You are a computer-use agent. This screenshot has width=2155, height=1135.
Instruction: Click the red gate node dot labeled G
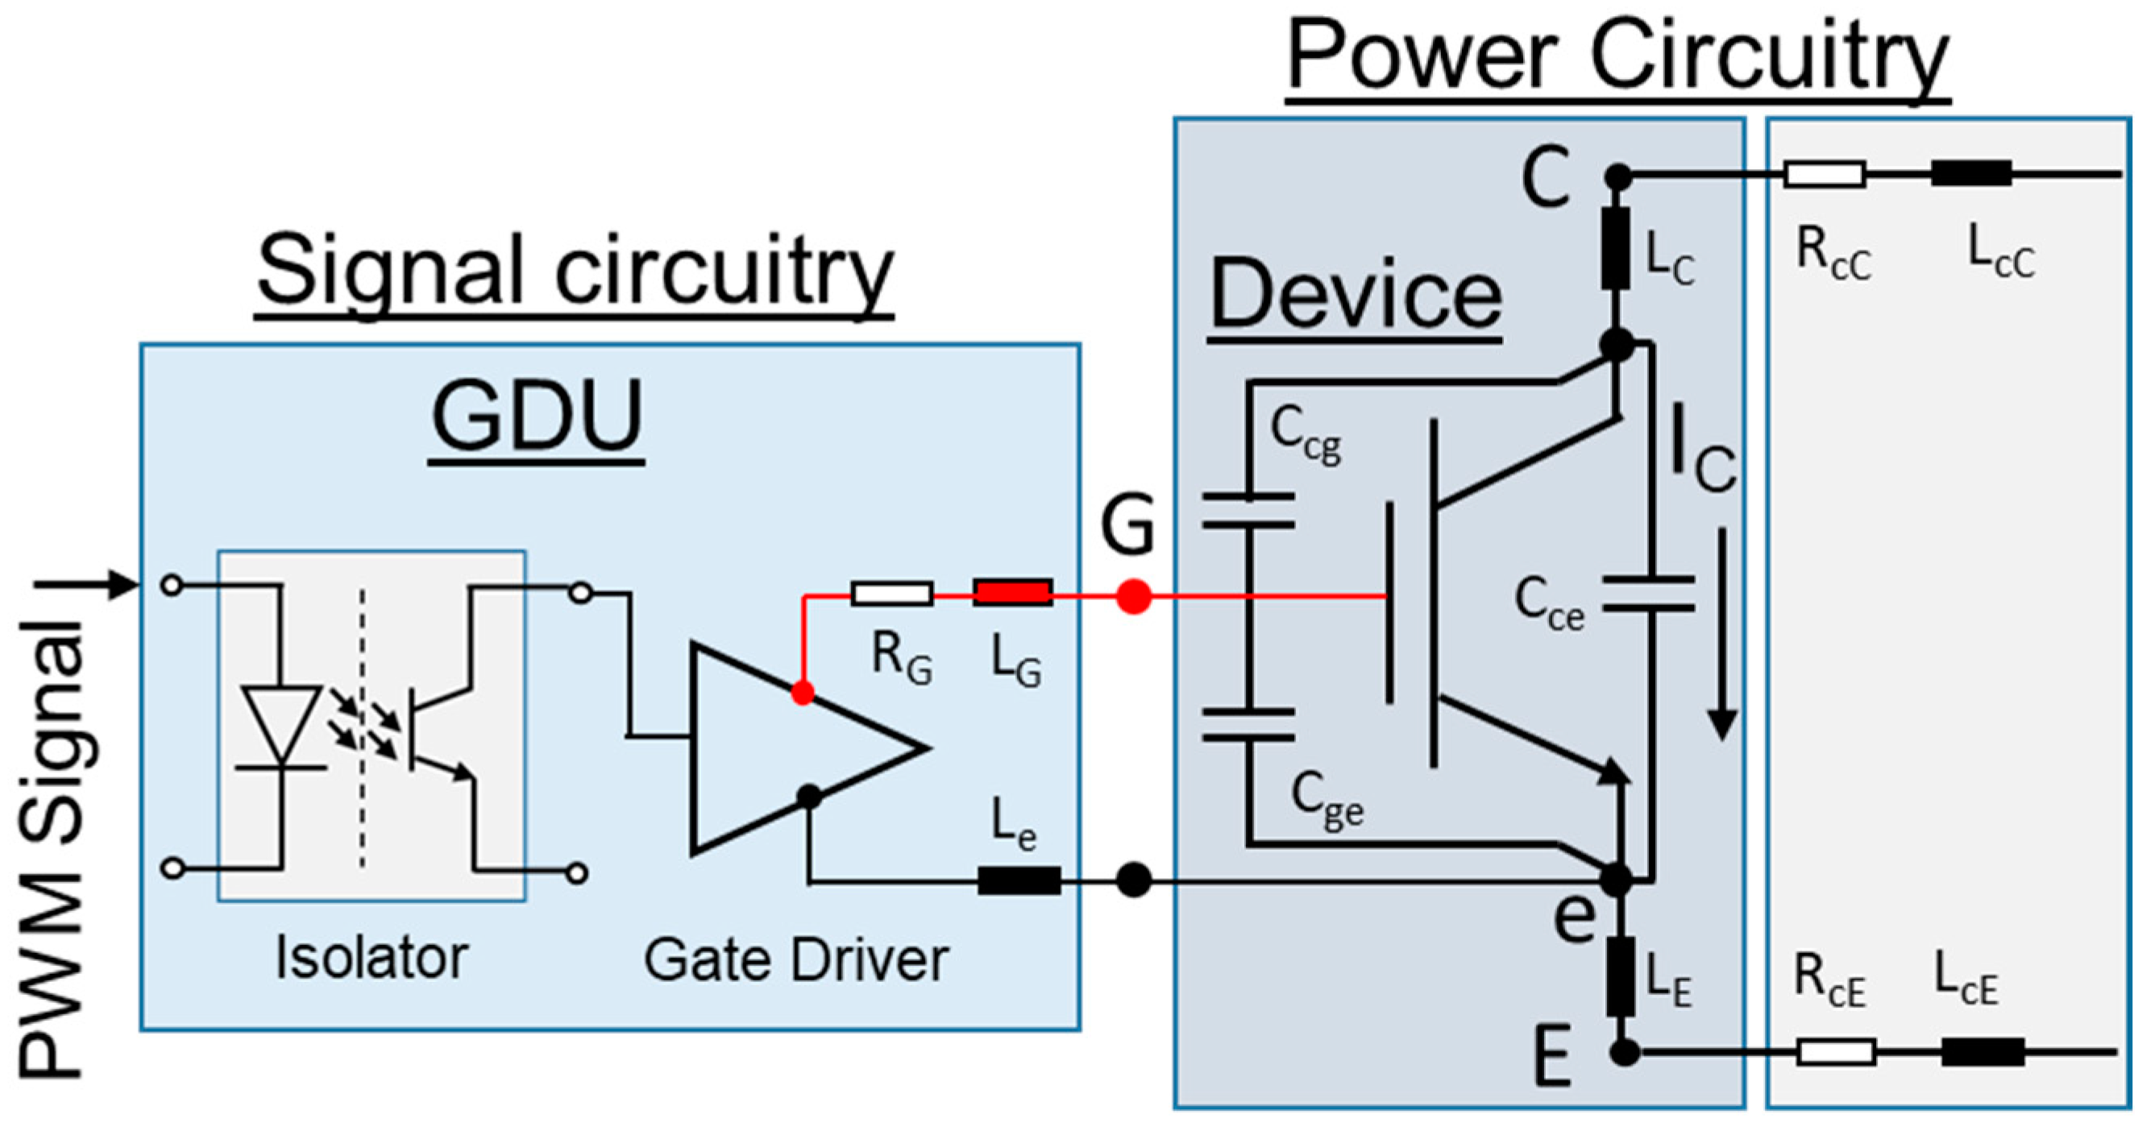click(1134, 596)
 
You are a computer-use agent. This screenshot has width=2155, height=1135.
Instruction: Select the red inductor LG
click(1012, 594)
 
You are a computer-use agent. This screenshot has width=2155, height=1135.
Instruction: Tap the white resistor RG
click(892, 594)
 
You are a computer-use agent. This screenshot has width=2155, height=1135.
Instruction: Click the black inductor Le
click(1019, 880)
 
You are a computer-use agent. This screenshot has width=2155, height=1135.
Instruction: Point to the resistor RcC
click(1824, 175)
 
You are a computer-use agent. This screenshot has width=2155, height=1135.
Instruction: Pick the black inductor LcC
click(1971, 174)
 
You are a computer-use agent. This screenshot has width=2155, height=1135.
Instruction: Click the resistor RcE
click(1835, 1051)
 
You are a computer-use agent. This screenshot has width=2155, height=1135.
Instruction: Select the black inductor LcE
click(1982, 1051)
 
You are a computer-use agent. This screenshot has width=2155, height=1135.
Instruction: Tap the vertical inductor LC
click(1615, 248)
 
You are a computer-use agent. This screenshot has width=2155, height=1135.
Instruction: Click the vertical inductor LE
click(1621, 977)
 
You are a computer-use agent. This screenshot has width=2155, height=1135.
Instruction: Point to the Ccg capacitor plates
click(1248, 511)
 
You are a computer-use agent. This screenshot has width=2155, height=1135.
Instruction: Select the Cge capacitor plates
click(1248, 725)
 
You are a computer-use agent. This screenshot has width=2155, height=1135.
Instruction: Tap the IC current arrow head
click(1721, 723)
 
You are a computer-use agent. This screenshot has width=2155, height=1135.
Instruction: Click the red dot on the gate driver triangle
click(802, 693)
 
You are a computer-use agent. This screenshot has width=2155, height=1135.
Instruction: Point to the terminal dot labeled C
click(1619, 176)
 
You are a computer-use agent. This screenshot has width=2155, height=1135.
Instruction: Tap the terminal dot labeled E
click(1625, 1052)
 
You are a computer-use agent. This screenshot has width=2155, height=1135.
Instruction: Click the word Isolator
click(372, 958)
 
